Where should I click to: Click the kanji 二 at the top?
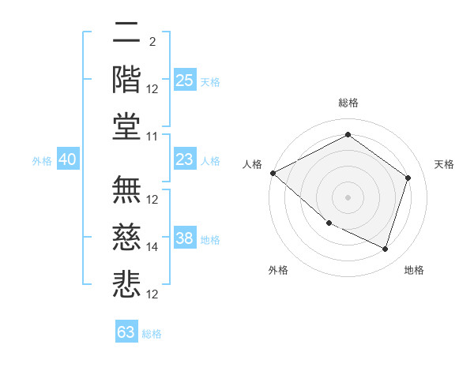click(x=126, y=34)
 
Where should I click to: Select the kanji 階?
click(x=126, y=79)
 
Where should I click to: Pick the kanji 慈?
click(x=126, y=237)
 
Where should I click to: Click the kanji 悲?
click(x=126, y=283)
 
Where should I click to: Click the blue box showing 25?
click(x=184, y=80)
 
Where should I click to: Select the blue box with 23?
click(x=184, y=159)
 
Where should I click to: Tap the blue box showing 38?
click(x=184, y=238)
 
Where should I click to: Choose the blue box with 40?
click(x=68, y=159)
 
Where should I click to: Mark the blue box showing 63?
click(x=126, y=332)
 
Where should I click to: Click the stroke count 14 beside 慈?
click(x=153, y=247)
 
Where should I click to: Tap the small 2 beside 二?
click(x=152, y=41)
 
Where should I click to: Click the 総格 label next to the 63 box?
click(x=152, y=334)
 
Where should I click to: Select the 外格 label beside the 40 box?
click(x=42, y=161)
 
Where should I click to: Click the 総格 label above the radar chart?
click(x=348, y=103)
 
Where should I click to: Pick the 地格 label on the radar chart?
click(x=414, y=270)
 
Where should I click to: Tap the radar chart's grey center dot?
click(x=348, y=197)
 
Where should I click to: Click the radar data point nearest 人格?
click(x=273, y=173)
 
